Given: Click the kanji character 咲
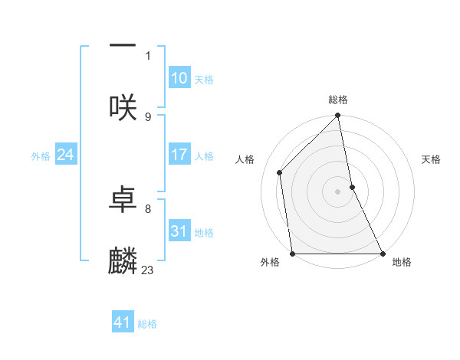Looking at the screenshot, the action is click(x=123, y=107).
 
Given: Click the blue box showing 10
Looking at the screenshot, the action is click(x=179, y=78).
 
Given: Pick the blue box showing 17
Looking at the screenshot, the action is click(x=179, y=155).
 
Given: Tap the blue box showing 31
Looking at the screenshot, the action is click(x=179, y=231).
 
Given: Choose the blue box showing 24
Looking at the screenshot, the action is click(x=66, y=155).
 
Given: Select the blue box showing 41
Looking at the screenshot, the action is click(x=123, y=322).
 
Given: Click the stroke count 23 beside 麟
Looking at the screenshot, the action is click(x=148, y=270).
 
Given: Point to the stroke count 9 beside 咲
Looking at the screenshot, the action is click(x=148, y=116).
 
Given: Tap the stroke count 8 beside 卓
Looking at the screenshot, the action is click(x=148, y=208).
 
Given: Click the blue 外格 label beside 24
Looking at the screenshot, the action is click(x=41, y=155).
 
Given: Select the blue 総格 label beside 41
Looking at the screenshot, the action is click(x=147, y=324).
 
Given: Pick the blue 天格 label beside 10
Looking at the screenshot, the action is click(x=204, y=80).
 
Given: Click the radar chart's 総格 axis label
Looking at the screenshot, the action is click(x=338, y=100).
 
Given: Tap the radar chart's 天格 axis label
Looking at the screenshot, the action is click(x=432, y=159).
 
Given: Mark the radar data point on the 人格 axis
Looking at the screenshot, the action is click(x=280, y=172).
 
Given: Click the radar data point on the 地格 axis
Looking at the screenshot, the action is click(x=382, y=254).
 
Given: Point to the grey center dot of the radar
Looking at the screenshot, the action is click(x=338, y=191).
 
